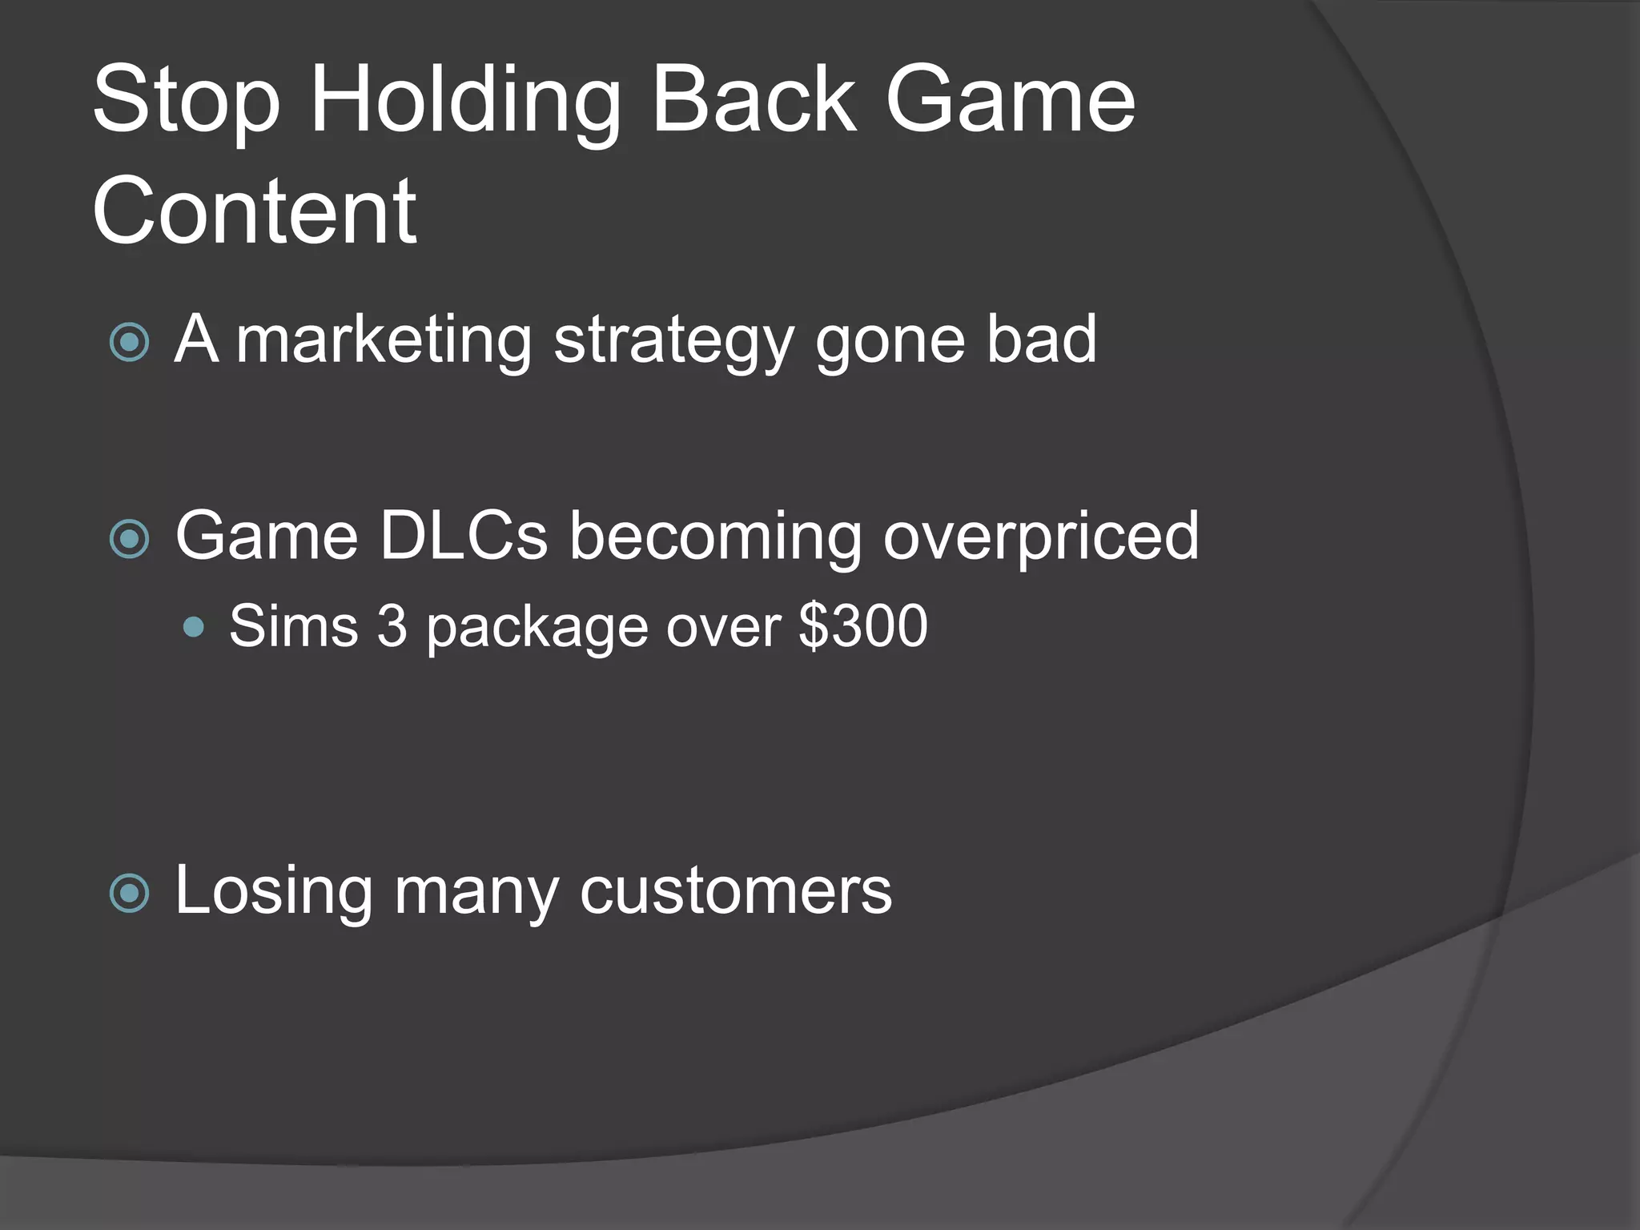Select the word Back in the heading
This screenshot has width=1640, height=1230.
pyautogui.click(x=754, y=100)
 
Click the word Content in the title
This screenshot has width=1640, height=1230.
pyautogui.click(x=254, y=211)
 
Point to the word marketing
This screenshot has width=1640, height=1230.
pyautogui.click(x=384, y=340)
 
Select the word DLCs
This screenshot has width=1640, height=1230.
pyautogui.click(x=463, y=536)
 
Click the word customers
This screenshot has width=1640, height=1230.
pyautogui.click(x=734, y=891)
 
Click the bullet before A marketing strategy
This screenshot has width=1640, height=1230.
pyautogui.click(x=129, y=343)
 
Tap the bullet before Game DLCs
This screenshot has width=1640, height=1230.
pyautogui.click(x=129, y=538)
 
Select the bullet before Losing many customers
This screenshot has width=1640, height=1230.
pyautogui.click(x=129, y=893)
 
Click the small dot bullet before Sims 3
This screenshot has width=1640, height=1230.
pyautogui.click(x=193, y=626)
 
